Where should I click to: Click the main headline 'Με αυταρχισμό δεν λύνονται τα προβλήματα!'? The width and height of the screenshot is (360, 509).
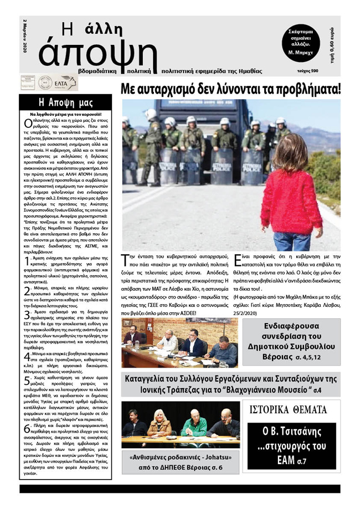tap(231, 89)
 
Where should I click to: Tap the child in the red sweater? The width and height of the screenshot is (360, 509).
tap(292, 194)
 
